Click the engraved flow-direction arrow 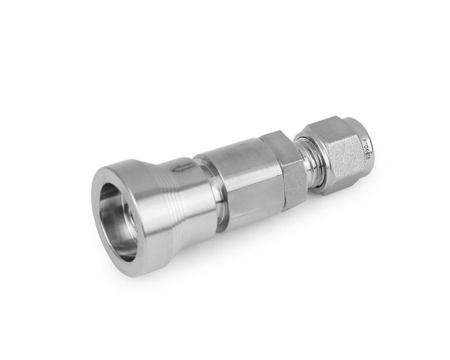[181, 167]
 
